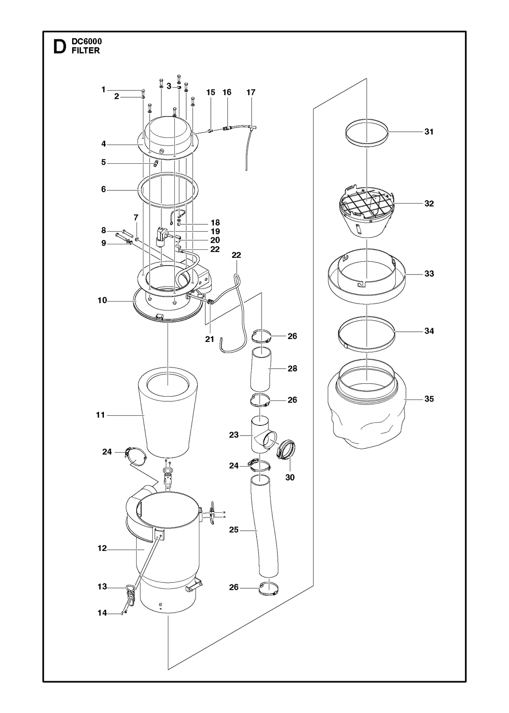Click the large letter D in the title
tap(59, 47)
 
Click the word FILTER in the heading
tap(86, 50)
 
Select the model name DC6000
tap(87, 42)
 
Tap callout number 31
tap(429, 132)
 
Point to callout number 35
tap(429, 399)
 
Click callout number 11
tap(100, 415)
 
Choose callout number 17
tap(251, 92)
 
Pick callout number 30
tap(290, 487)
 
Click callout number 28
tap(292, 368)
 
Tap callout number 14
tap(102, 613)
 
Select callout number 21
tap(210, 339)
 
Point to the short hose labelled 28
tap(261, 369)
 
